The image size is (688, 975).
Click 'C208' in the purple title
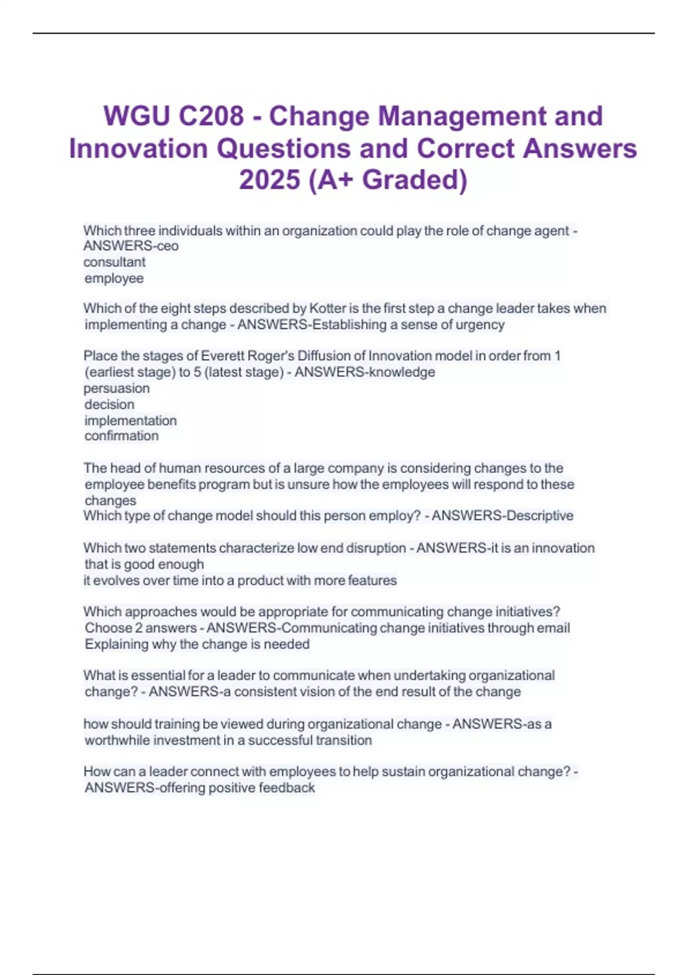(x=211, y=116)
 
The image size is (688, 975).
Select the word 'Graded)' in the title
(x=415, y=180)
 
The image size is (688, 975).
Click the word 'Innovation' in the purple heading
(x=138, y=149)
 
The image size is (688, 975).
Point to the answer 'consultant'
(x=115, y=262)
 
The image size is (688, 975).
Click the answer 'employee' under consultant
(x=114, y=278)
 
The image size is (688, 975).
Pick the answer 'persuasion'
(x=117, y=388)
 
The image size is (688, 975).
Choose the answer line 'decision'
(x=110, y=404)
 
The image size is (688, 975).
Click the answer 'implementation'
(x=131, y=420)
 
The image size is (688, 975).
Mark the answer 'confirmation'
(x=122, y=436)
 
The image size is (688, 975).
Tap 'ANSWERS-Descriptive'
(x=502, y=516)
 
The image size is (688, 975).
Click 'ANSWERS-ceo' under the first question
(x=131, y=246)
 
